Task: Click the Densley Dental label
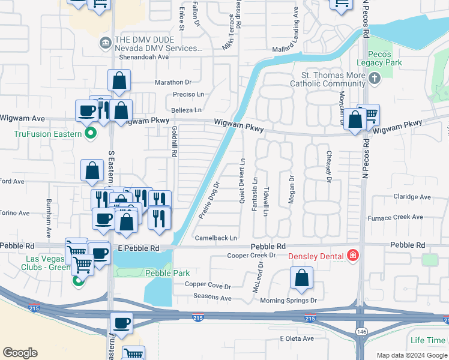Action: pyautogui.click(x=317, y=256)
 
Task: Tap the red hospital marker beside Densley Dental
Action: pyautogui.click(x=353, y=256)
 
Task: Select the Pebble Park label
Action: pyautogui.click(x=158, y=273)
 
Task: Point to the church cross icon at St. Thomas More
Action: pyautogui.click(x=375, y=79)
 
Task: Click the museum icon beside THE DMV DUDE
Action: pyautogui.click(x=104, y=42)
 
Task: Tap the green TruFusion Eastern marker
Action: pyautogui.click(x=91, y=133)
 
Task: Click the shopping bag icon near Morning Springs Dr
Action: pyautogui.click(x=301, y=278)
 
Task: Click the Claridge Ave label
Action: pyautogui.click(x=412, y=197)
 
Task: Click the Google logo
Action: pyautogui.click(x=20, y=353)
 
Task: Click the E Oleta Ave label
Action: pyautogui.click(x=297, y=338)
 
